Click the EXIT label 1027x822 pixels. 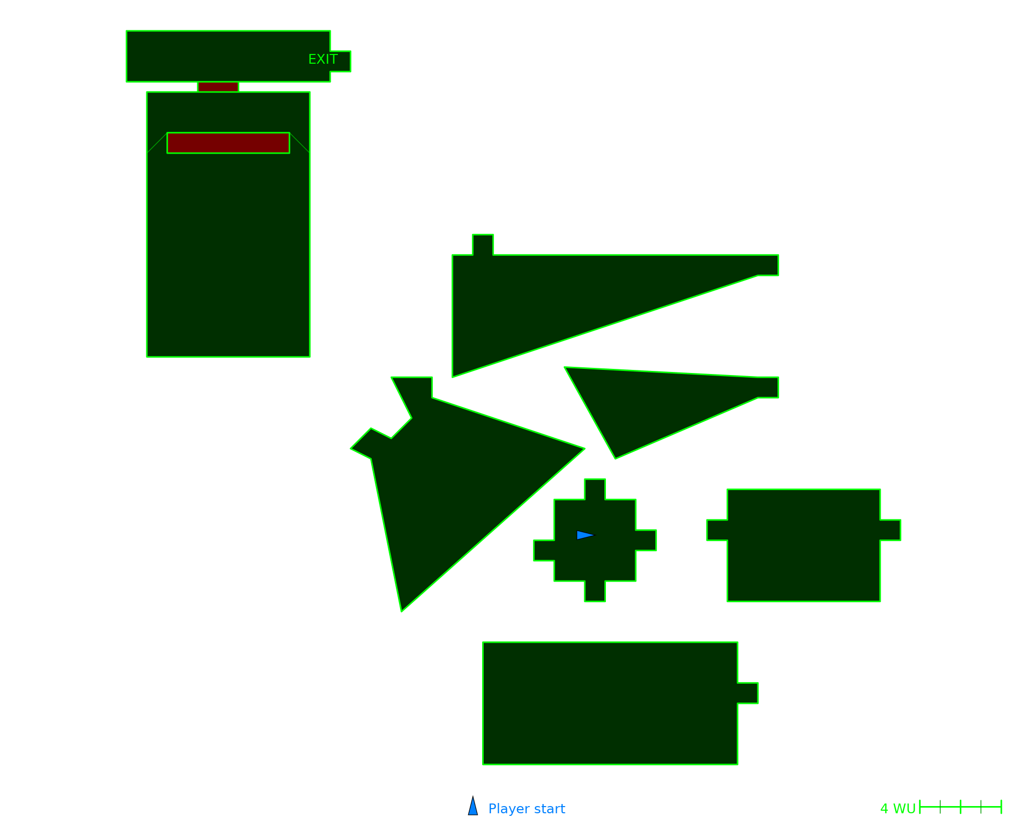[x=323, y=60]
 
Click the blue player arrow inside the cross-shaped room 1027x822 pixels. [x=585, y=535]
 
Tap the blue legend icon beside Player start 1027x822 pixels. [x=473, y=806]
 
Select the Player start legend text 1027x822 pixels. [x=526, y=809]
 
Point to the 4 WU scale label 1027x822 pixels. [x=898, y=809]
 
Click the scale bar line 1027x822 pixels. [x=960, y=807]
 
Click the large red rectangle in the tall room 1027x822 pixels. [x=228, y=143]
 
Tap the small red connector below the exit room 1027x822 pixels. [x=218, y=87]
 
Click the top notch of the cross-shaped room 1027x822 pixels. [x=595, y=490]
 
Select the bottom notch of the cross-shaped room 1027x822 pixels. [x=595, y=591]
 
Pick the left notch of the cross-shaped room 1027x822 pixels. [x=544, y=550]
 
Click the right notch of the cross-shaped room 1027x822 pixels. [x=645, y=540]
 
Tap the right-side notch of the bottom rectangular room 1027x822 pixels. [x=748, y=693]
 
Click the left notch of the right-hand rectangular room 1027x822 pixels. [x=717, y=530]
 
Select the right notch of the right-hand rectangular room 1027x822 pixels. [x=890, y=530]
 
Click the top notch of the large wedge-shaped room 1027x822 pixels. [x=483, y=245]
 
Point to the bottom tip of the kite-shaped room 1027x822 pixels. [x=402, y=611]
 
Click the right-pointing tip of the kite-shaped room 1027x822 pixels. [x=584, y=449]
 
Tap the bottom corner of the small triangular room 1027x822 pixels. [x=615, y=458]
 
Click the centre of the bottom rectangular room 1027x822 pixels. [x=610, y=703]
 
